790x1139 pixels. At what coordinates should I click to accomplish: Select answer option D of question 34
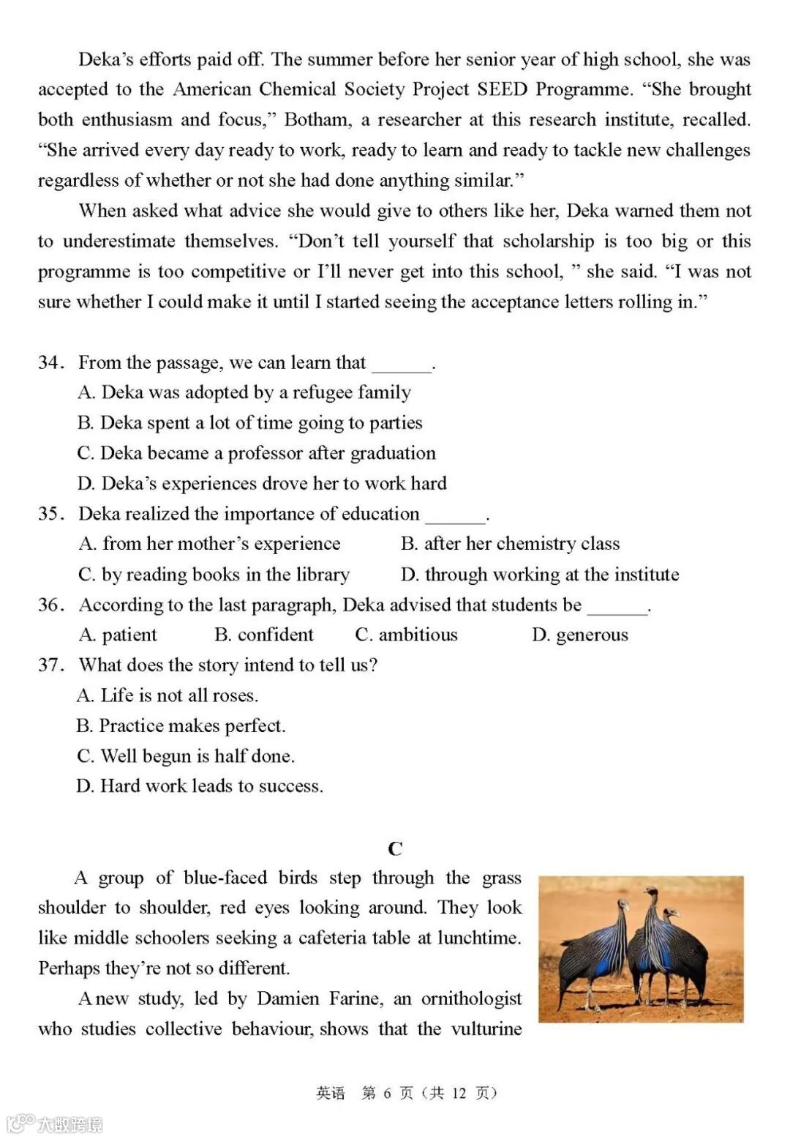tap(262, 483)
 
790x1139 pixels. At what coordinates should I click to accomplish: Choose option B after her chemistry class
tap(510, 544)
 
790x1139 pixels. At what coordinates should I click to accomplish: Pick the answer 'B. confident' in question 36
tap(264, 635)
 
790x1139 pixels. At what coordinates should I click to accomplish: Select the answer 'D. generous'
tap(580, 635)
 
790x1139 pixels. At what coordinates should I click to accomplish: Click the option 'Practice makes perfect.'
tap(181, 725)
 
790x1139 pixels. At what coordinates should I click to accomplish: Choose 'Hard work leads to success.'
tap(200, 786)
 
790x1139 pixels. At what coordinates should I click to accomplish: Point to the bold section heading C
tap(395, 848)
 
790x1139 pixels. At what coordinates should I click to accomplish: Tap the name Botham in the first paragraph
tap(315, 119)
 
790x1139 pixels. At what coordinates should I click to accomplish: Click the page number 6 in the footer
tap(388, 1093)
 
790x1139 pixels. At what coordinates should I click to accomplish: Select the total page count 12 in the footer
tap(459, 1093)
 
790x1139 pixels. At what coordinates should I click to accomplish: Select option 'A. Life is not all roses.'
tap(168, 695)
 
